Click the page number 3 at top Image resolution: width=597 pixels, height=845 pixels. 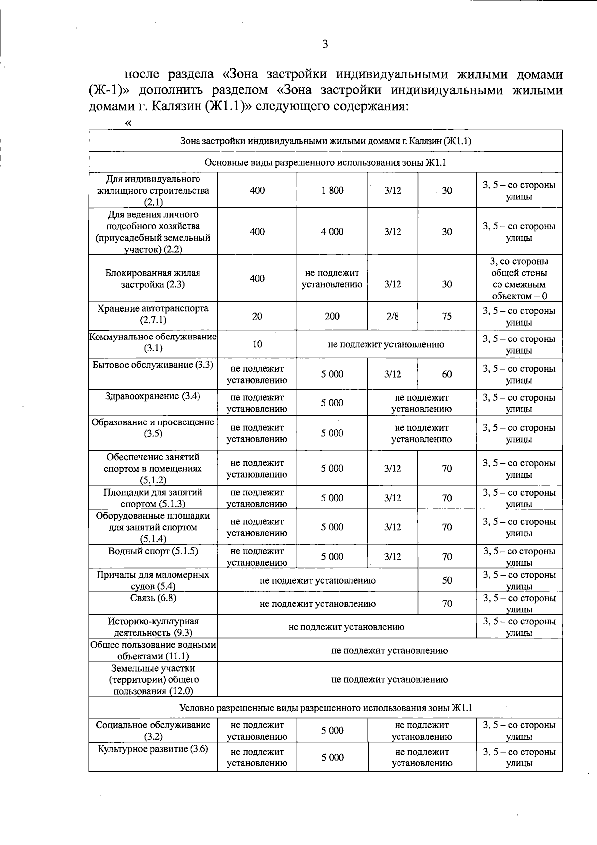tap(325, 45)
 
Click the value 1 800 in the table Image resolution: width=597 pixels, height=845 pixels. tap(332, 190)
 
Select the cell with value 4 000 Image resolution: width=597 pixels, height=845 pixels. tap(332, 232)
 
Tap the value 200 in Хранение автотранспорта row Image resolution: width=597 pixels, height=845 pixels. tap(332, 316)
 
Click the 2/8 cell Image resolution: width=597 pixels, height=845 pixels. tap(393, 316)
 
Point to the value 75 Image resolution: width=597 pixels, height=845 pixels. tap(447, 316)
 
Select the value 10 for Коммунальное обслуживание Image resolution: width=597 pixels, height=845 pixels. tap(257, 344)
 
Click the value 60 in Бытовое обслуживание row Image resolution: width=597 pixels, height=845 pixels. tap(447, 374)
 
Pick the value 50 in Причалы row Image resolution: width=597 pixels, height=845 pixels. tap(447, 580)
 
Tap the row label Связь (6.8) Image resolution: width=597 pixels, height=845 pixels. tap(153, 598)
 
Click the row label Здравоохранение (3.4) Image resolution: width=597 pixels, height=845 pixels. tap(153, 396)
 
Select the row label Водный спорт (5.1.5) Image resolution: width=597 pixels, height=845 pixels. tap(153, 551)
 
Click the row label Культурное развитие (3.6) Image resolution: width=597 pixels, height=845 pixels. tap(153, 749)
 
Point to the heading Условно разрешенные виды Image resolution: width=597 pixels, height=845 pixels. tap(325, 708)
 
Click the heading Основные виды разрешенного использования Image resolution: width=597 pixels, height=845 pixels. tap(325, 163)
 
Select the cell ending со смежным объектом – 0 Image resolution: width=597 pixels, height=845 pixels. tap(519, 279)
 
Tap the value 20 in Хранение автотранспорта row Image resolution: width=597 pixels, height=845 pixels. tap(257, 316)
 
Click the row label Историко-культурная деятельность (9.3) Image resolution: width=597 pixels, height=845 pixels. tap(153, 627)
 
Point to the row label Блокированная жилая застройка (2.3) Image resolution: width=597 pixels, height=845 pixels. tap(153, 279)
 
